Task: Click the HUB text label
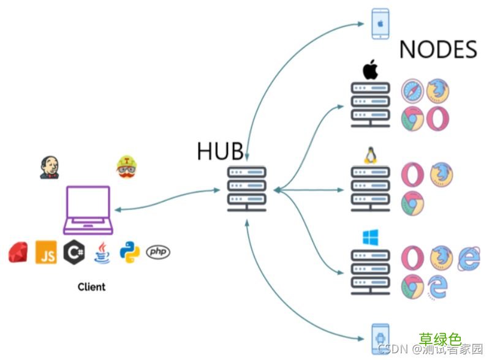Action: coord(220,151)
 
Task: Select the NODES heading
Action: coord(438,50)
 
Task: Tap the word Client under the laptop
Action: coord(91,287)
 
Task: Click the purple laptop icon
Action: coord(88,210)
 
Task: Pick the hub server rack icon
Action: coord(246,189)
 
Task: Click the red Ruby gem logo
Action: coord(18,252)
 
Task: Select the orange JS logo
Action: coord(46,252)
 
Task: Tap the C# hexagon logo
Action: coord(74,252)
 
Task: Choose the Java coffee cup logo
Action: coord(102,252)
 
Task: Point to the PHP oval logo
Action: coord(159,252)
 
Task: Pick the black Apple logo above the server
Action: coord(370,70)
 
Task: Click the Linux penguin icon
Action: coord(370,156)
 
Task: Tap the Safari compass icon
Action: coord(412,91)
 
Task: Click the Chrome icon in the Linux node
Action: coord(412,203)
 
